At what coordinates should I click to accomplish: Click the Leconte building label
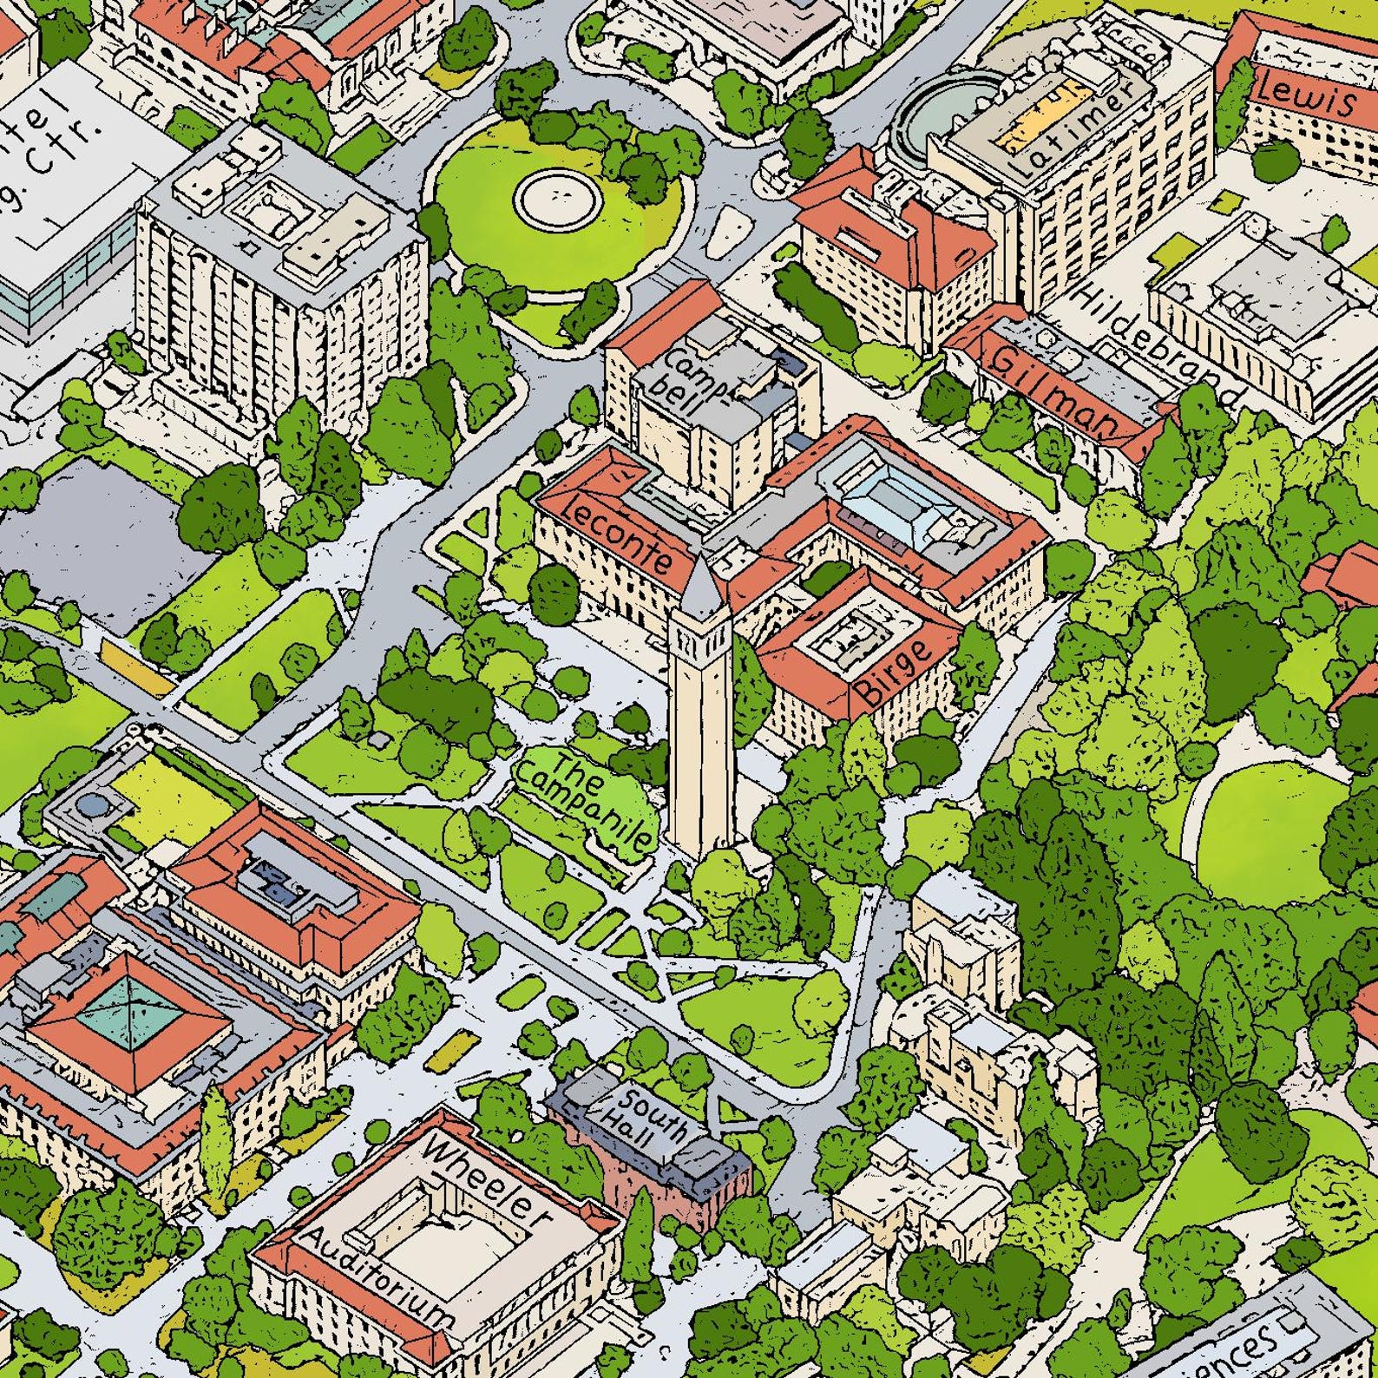(x=618, y=536)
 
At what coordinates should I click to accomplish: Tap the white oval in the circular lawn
(x=559, y=194)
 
